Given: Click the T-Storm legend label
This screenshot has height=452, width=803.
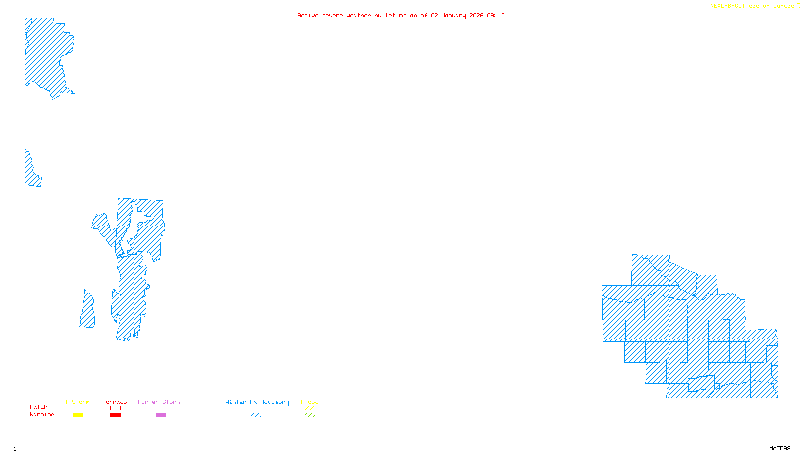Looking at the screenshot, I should pos(77,402).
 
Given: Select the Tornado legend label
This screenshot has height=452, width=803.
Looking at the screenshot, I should pos(115,402).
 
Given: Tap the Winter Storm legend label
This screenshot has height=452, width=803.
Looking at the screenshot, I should pos(159,402).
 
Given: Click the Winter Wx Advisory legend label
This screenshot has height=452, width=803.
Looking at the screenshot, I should pos(257,402).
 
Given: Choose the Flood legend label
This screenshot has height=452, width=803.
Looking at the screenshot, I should pos(310,402).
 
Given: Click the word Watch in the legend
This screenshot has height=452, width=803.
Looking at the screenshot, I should pos(39,407).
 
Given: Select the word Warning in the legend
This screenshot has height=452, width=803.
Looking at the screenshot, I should pos(42,415).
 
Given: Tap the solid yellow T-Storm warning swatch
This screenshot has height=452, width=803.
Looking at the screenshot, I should pos(78,415).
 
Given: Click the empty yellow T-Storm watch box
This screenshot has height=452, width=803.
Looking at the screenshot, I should pos(78,408).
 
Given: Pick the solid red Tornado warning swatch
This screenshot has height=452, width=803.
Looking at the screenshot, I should pos(115,415).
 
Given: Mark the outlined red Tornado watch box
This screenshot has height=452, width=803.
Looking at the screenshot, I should pos(115,408).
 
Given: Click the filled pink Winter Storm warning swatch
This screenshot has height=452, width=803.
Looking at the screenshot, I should pos(161,415).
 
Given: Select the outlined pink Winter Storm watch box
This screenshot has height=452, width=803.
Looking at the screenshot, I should pos(161,408).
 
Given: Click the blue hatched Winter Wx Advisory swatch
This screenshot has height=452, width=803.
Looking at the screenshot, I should pos(256,415).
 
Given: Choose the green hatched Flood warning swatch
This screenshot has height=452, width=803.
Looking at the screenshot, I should pos(310,415).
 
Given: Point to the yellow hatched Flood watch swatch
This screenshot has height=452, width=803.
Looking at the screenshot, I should pos(310,408).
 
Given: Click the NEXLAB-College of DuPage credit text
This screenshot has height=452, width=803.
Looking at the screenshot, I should pos(752,6).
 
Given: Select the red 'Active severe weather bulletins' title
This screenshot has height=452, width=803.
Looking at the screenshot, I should pos(400,15).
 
